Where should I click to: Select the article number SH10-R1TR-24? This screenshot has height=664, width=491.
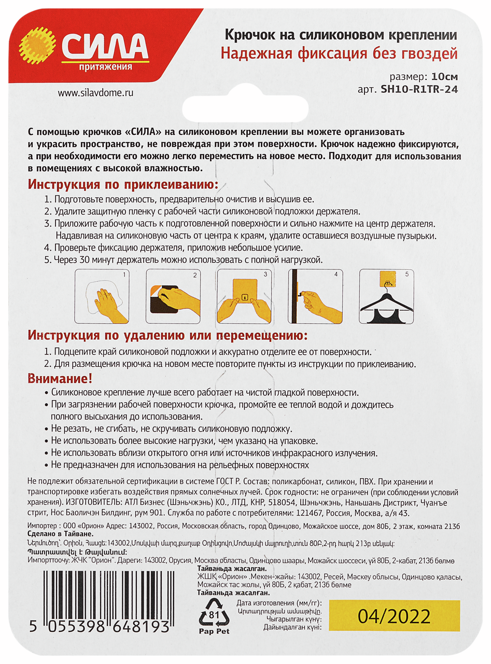[419, 89]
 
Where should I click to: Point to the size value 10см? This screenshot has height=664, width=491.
[444, 77]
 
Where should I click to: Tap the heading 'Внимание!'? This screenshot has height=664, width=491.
[61, 379]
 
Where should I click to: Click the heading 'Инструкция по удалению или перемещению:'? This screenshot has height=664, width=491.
[167, 334]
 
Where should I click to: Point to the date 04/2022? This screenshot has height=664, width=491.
[394, 616]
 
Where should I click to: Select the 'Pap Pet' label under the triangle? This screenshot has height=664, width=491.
[214, 631]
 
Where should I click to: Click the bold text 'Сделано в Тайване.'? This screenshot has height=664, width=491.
[61, 534]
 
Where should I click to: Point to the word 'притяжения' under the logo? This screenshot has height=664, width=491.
[105, 67]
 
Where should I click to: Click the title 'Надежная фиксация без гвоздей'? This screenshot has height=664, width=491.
[339, 53]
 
